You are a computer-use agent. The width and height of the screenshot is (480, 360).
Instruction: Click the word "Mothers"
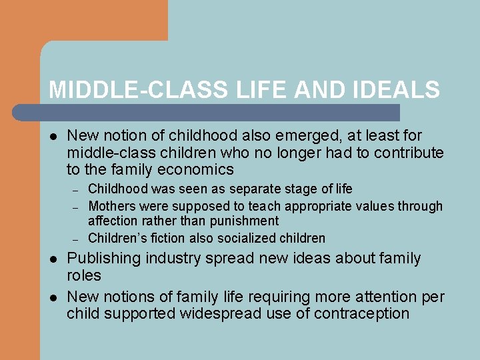point(113,207)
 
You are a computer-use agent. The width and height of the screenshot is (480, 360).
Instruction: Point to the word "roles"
point(84,275)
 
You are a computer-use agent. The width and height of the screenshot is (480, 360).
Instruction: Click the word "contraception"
point(361,313)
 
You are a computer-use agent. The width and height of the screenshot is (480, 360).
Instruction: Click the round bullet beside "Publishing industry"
point(53,259)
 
